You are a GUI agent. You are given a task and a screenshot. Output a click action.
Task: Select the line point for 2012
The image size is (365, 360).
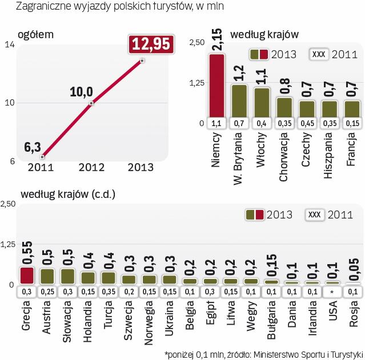coord(91,103)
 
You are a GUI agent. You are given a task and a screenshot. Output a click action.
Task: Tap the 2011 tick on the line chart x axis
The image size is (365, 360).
coord(42,167)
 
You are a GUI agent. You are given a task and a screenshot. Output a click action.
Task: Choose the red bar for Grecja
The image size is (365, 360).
coord(26,276)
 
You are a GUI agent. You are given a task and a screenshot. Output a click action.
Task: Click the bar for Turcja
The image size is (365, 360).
coord(109,277)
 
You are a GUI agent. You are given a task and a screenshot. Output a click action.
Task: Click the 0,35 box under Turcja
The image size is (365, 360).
coord(109,292)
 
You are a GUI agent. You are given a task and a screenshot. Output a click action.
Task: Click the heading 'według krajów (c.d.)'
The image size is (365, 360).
coord(69,195)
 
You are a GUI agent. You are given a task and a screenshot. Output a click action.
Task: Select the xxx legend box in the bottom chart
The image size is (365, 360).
coord(315,215)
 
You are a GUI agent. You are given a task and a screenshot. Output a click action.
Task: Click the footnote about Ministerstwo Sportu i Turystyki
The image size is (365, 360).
coord(263,352)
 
